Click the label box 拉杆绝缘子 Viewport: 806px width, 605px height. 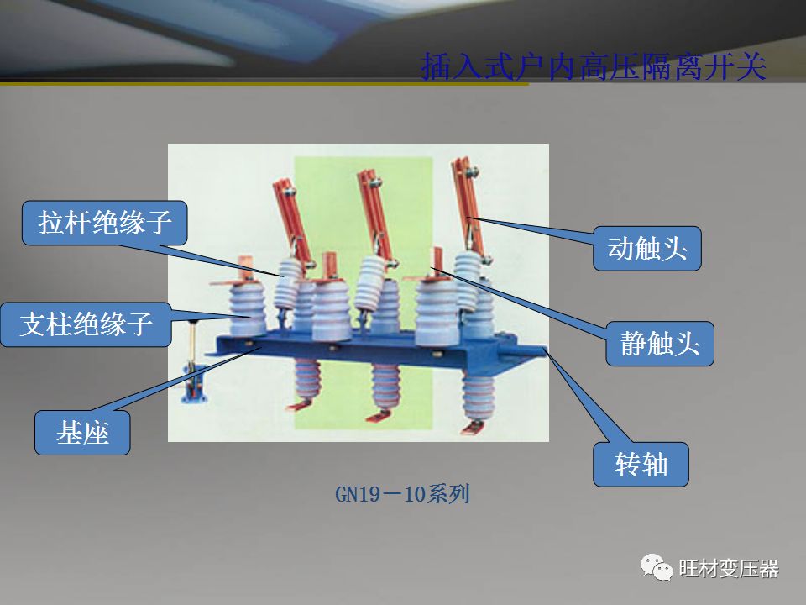tap(104, 223)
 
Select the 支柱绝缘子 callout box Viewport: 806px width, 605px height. tap(86, 324)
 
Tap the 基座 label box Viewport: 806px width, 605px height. tap(82, 432)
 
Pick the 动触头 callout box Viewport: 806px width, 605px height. tap(647, 249)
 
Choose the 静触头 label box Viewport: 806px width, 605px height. tap(660, 344)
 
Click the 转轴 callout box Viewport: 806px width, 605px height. tap(641, 464)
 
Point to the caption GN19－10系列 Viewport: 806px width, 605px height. tap(402, 494)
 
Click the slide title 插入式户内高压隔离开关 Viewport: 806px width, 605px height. tap(594, 66)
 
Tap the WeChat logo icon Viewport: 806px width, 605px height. tap(656, 567)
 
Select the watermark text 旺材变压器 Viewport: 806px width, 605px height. tap(729, 569)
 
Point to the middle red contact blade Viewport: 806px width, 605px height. tap(376, 215)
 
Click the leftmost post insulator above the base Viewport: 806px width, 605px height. tap(247, 308)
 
